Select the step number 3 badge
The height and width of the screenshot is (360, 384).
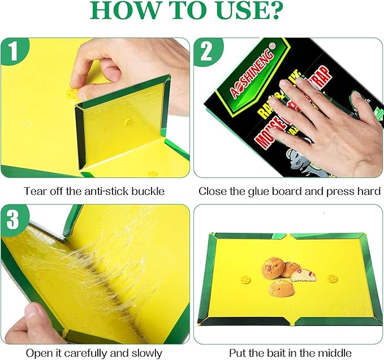tap(14, 219)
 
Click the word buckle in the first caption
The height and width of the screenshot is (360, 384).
tap(148, 191)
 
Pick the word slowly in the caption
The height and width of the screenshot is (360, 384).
tap(146, 353)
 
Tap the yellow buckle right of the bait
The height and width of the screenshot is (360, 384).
tap(332, 278)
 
